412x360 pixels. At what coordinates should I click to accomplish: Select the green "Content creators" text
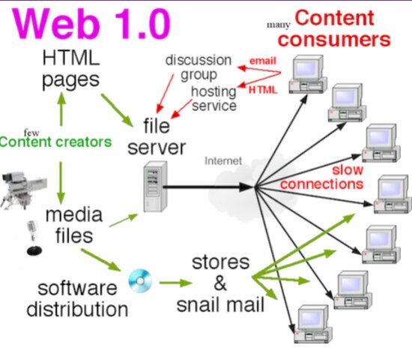point(56,142)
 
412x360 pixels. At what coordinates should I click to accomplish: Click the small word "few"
point(31,129)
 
